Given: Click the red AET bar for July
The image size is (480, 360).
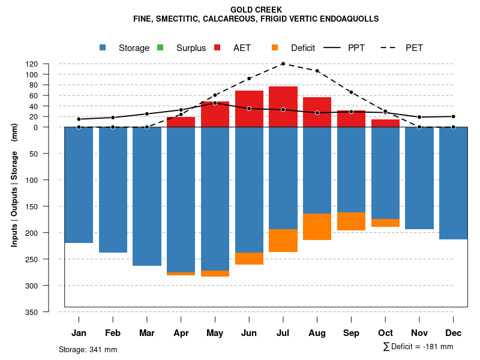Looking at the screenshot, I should coord(283,107).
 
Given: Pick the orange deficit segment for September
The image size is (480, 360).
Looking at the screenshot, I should coord(351,221).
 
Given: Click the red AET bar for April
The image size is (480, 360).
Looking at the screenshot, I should coord(181,122).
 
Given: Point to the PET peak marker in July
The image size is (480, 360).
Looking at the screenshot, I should coord(283,64).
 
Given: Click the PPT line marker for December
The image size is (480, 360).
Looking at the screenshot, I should coord(453,116).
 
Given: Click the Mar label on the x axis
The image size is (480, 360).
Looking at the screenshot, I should coord(146,333).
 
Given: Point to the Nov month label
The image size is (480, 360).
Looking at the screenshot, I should coord(419,333).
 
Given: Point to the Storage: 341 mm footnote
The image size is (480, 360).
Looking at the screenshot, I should coord(88,349).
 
